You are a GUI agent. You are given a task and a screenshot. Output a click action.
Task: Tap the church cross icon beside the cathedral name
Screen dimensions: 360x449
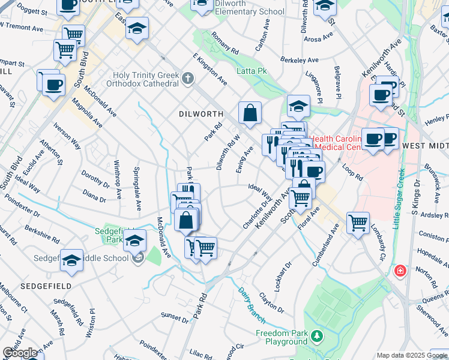(188, 77)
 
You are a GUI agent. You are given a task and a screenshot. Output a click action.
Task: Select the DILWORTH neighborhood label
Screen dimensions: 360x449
(200, 113)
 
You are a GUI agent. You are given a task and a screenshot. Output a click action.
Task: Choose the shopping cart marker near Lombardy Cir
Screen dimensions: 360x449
(358, 223)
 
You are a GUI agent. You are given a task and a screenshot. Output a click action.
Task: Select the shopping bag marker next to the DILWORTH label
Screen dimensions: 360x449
(250, 112)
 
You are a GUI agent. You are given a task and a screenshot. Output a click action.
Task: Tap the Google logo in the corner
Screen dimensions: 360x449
(20, 353)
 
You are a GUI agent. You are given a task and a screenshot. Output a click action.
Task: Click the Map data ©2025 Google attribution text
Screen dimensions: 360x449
(412, 355)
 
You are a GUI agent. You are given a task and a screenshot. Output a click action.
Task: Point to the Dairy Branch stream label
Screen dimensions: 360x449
(248, 301)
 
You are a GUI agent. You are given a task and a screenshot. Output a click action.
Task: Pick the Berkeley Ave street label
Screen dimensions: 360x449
(300, 60)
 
